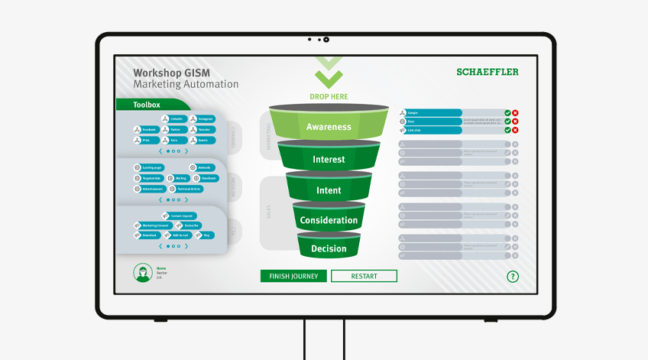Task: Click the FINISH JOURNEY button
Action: tap(293, 276)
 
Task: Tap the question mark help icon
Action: tap(513, 277)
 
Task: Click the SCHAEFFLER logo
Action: tap(487, 72)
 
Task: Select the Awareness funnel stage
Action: tap(329, 127)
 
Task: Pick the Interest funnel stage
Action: tap(329, 160)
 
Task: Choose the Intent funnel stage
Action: tap(329, 190)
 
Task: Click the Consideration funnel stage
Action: tap(329, 220)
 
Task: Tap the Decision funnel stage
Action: tap(329, 248)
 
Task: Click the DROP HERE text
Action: tap(329, 97)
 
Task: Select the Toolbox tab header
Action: tap(147, 105)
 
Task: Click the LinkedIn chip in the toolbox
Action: tap(173, 119)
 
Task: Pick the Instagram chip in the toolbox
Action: tap(202, 119)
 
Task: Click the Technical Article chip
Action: tap(186, 189)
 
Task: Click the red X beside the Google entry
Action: tap(515, 113)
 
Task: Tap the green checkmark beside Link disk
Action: tap(507, 130)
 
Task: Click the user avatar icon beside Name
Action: tap(141, 272)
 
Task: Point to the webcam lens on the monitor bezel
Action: tap(326, 39)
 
